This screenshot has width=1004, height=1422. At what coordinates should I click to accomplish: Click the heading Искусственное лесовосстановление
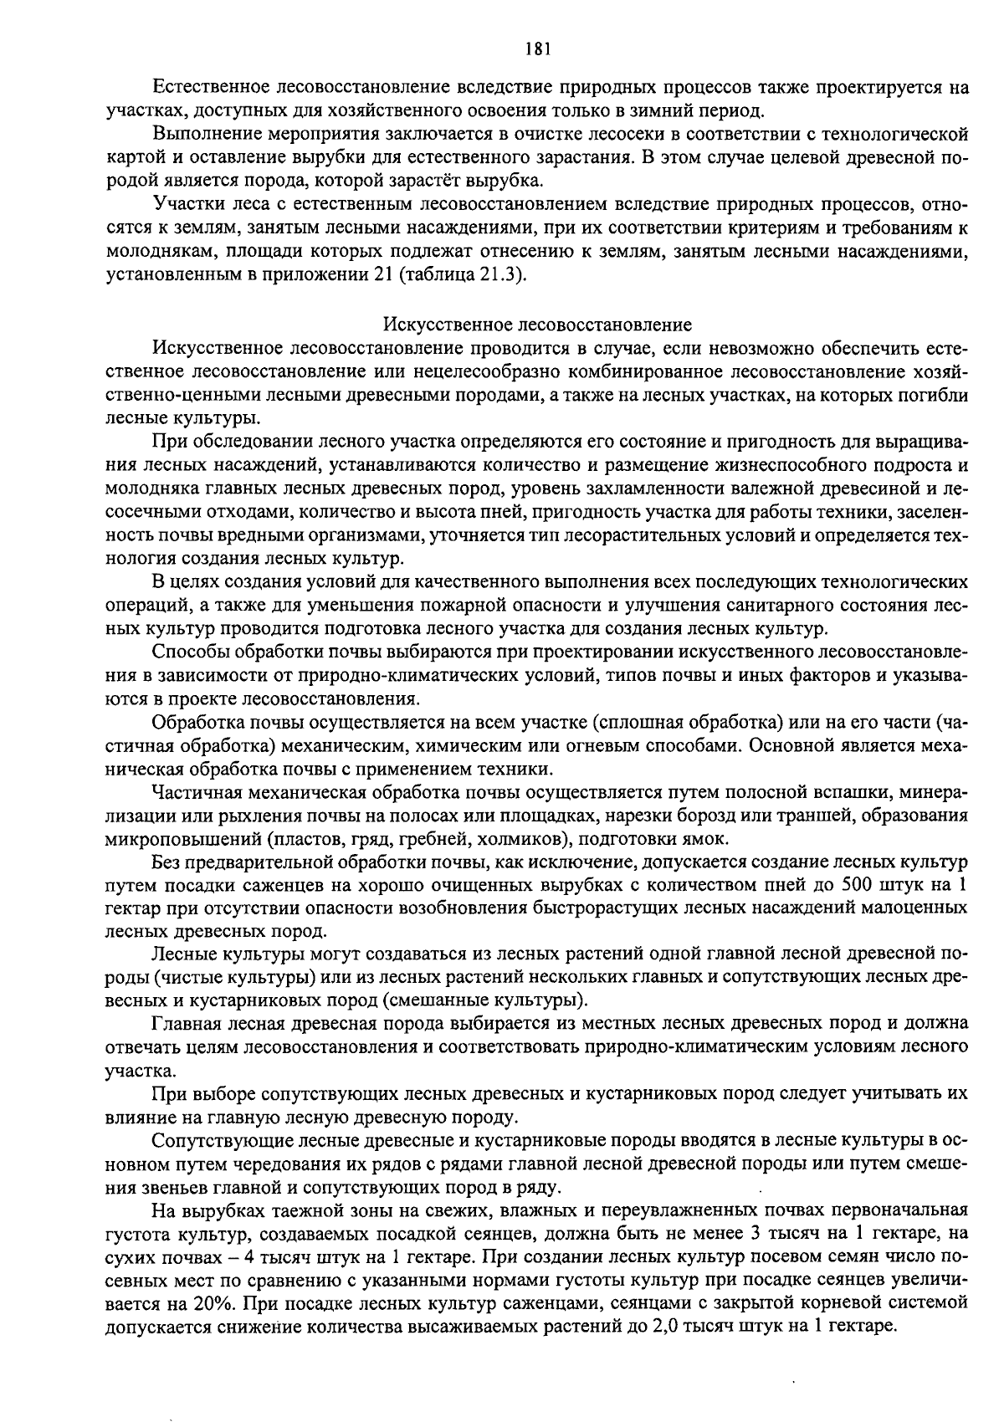pos(537,325)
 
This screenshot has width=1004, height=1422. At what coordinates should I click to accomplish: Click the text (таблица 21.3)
pos(458,275)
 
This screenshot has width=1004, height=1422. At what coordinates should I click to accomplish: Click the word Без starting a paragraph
pos(166,862)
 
